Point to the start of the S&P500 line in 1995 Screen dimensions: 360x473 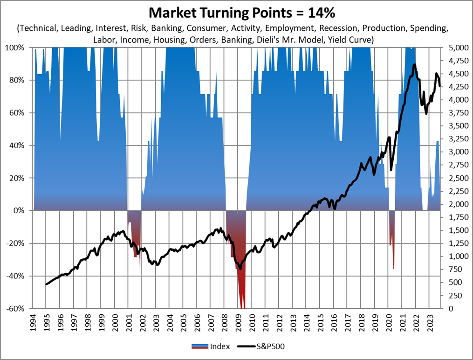click(46, 284)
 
